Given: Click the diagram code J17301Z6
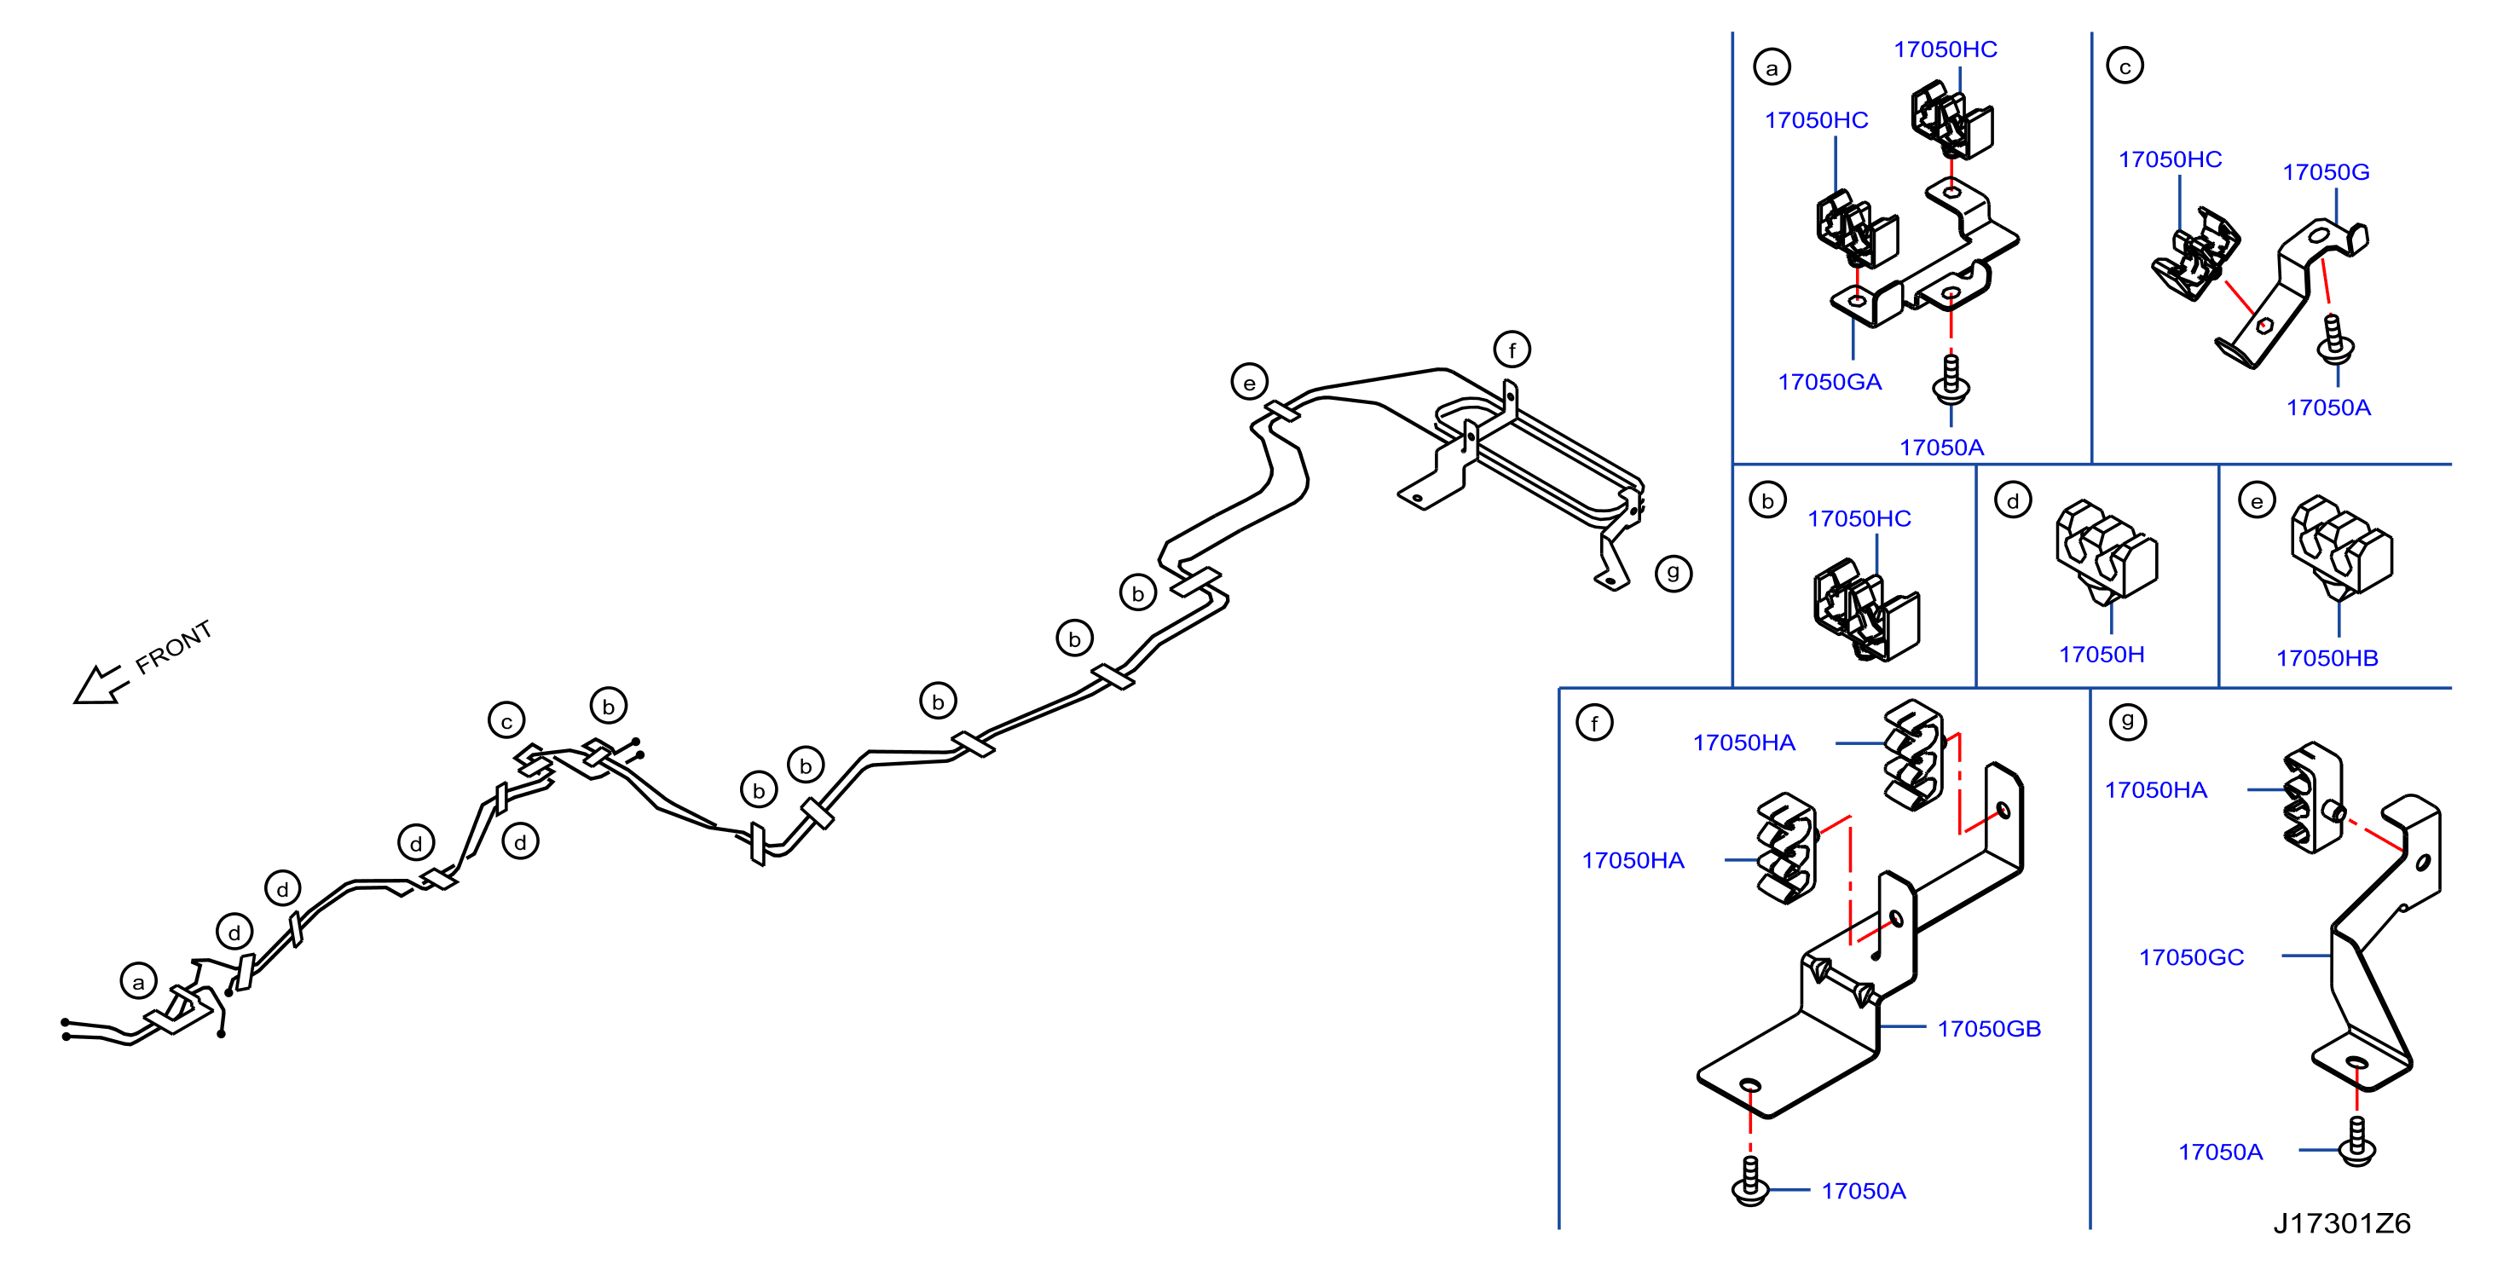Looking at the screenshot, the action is point(2341,1223).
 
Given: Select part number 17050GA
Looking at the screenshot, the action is point(1830,382).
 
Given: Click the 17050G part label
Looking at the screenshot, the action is point(2326,172).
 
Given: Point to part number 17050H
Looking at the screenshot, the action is point(2102,654).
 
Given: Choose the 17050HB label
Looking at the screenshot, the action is point(2327,658).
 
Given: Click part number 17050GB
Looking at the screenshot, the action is point(1989,1029).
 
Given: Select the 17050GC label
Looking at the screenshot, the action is point(2191,957).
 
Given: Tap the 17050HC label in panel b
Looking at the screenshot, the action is point(1859,518).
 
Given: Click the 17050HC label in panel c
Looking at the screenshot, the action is point(2170,159).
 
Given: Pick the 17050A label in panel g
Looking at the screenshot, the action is point(2220,1152).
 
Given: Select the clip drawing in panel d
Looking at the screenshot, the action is point(2107,552).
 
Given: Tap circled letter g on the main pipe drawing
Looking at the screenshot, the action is point(1674,573).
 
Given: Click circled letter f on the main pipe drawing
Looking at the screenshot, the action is point(1512,349).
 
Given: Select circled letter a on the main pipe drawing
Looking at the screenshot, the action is point(139,982).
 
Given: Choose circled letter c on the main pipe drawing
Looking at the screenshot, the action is point(506,722).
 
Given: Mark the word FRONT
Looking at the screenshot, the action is point(174,647).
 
